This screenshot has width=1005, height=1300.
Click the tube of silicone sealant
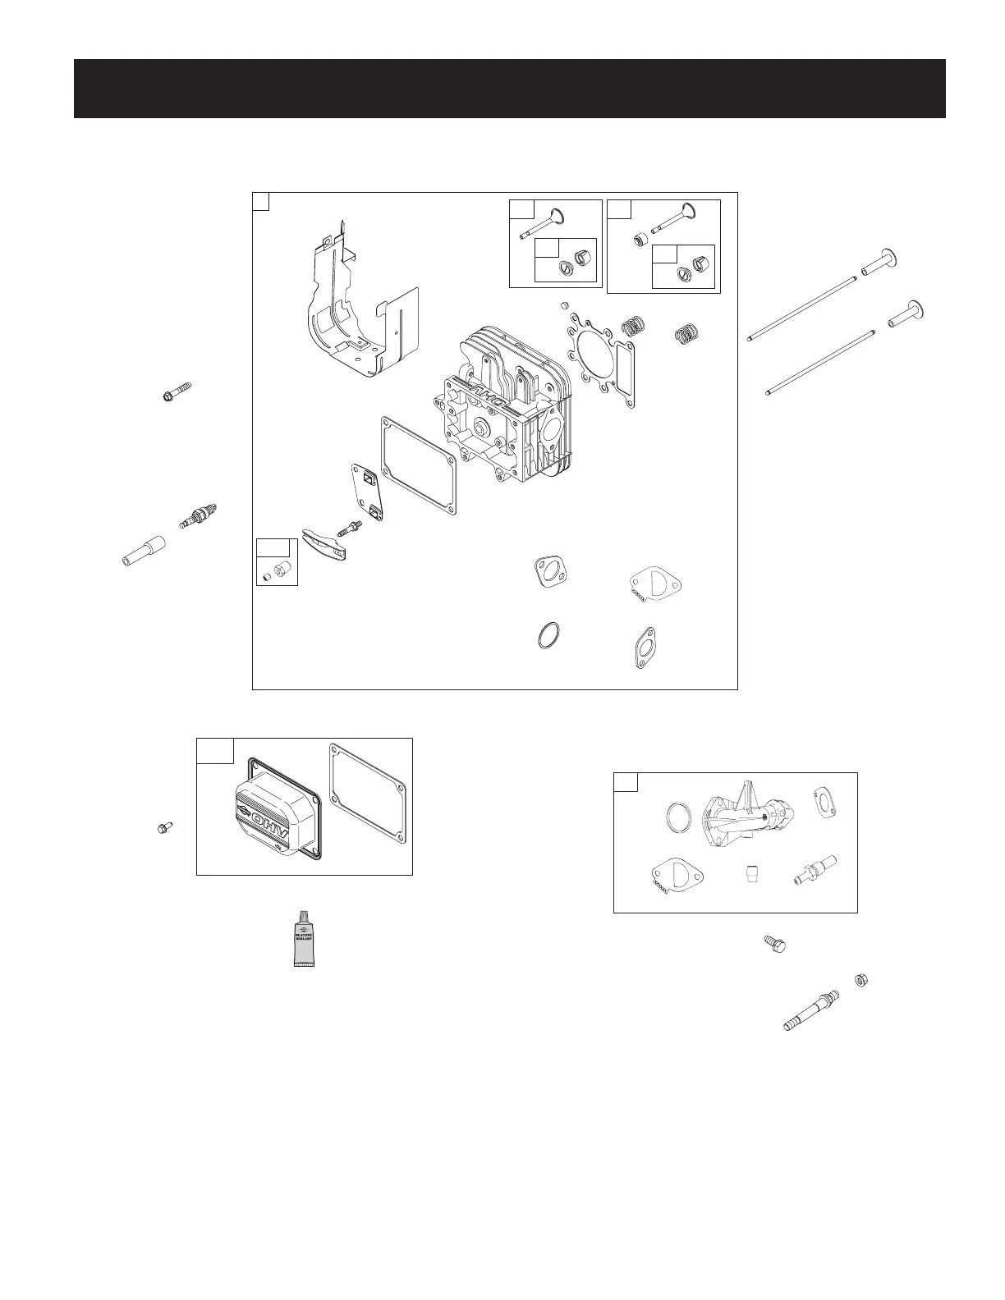[305, 939]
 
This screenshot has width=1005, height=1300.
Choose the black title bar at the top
[509, 89]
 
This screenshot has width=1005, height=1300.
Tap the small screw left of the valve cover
[163, 829]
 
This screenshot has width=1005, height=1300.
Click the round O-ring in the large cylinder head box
[550, 636]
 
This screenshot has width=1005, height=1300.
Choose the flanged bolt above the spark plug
[177, 392]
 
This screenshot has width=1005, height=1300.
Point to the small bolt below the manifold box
[774, 944]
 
